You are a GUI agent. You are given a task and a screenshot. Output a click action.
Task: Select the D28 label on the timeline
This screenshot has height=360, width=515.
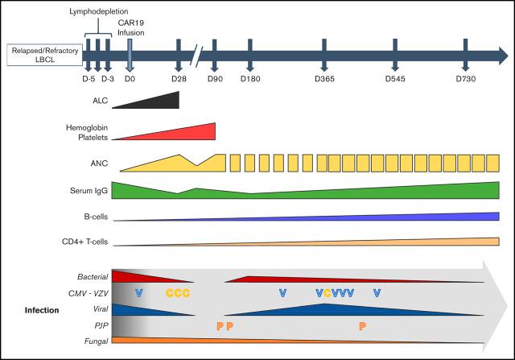[179, 78]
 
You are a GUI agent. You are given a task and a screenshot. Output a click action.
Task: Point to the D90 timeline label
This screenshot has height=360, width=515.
[215, 78]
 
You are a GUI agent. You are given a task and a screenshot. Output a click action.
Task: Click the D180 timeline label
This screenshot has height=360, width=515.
[251, 78]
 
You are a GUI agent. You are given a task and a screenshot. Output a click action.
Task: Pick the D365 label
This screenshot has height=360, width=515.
[325, 78]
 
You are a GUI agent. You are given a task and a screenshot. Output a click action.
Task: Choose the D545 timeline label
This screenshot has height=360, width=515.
[394, 78]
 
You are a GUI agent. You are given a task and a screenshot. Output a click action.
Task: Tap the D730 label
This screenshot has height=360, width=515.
[466, 78]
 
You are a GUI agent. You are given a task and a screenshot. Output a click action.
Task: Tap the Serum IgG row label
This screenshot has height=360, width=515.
[89, 191]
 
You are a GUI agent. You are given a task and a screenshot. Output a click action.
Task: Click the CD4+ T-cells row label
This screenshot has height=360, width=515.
[82, 242]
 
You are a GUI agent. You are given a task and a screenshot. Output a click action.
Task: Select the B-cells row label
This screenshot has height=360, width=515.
[94, 217]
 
